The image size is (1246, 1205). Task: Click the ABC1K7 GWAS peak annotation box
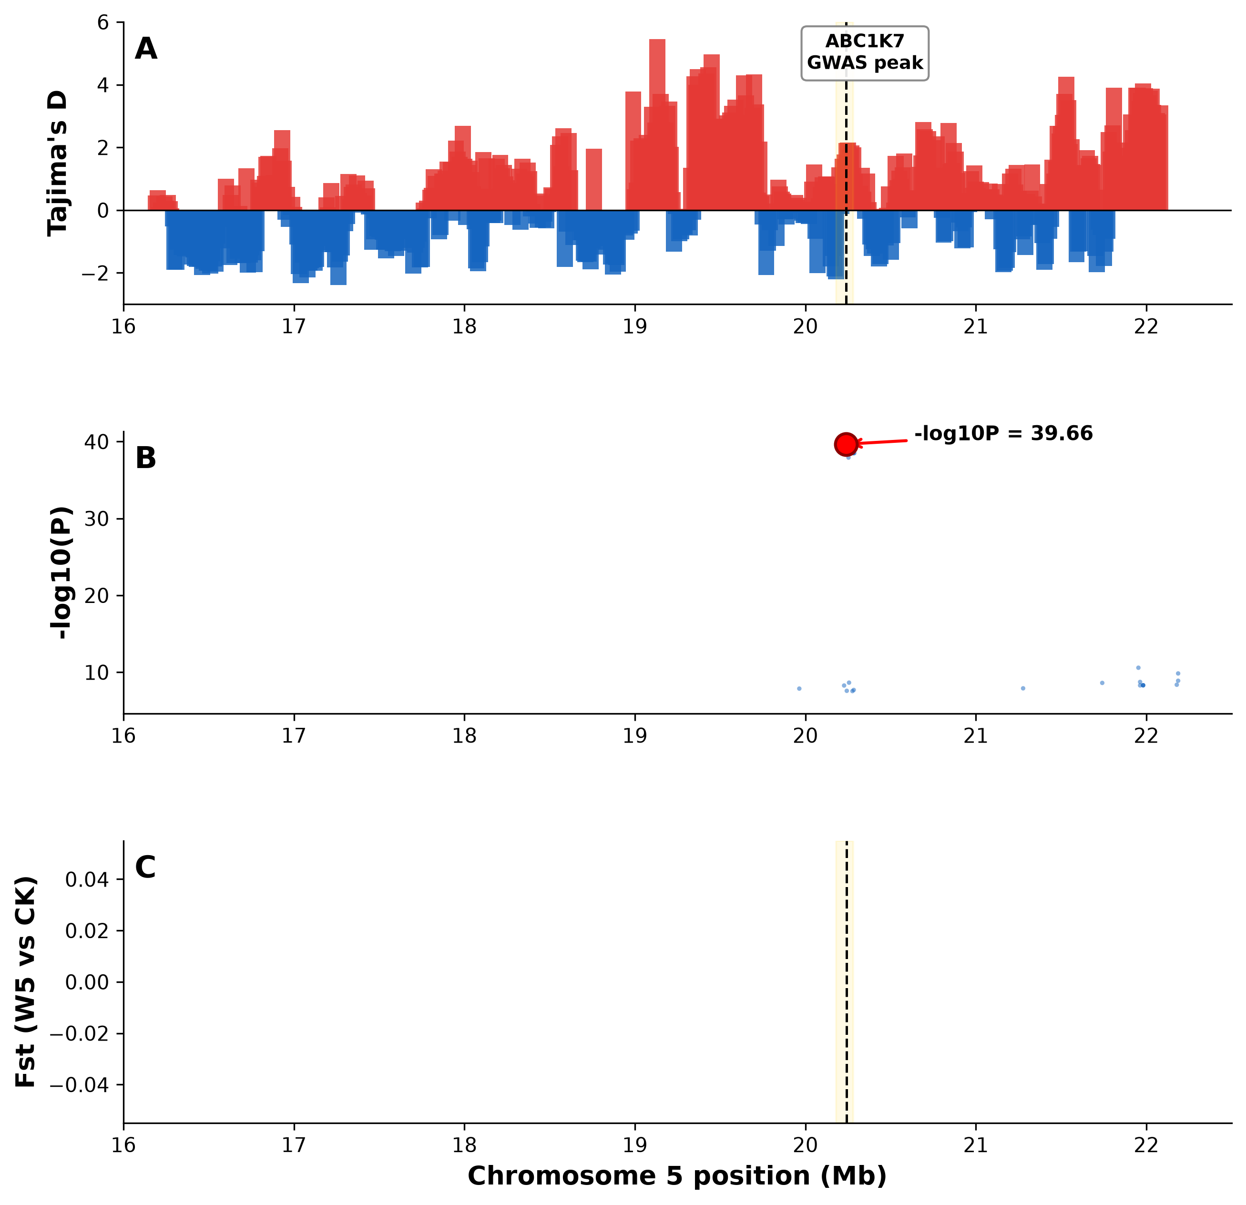[x=865, y=53]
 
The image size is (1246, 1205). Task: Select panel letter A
[x=146, y=49]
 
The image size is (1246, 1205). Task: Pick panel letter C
[x=145, y=868]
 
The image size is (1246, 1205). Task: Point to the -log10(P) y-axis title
[x=61, y=572]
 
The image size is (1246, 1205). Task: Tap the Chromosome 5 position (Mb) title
[x=677, y=1176]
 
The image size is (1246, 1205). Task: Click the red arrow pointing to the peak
[x=882, y=442]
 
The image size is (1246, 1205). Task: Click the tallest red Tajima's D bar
[x=657, y=124]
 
